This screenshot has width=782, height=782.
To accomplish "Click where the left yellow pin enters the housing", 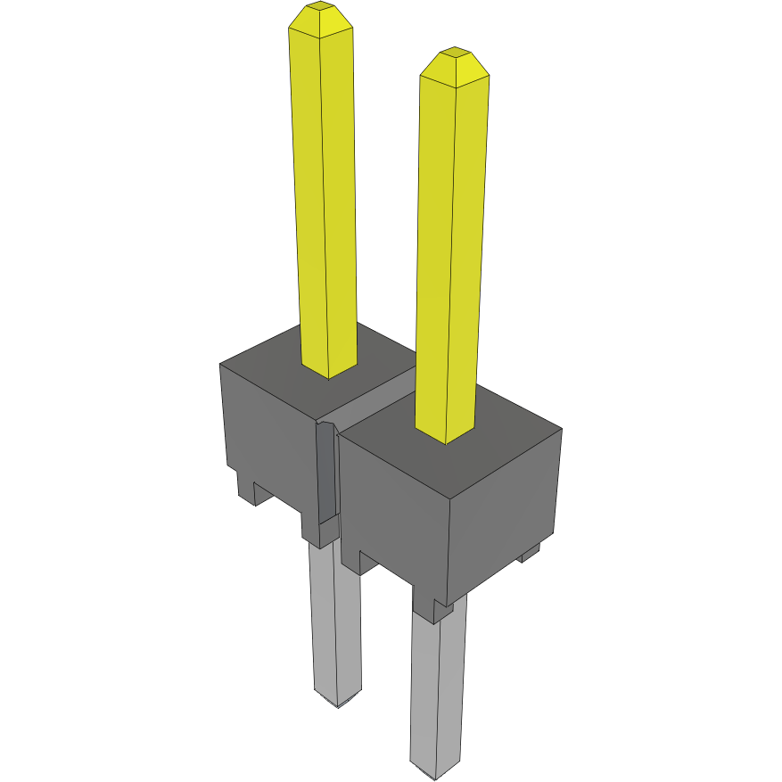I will tap(329, 366).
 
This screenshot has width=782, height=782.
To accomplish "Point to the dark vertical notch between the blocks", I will tap(327, 473).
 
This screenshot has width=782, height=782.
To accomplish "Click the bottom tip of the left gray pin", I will tap(339, 700).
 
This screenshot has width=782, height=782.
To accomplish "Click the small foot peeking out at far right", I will tap(530, 554).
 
